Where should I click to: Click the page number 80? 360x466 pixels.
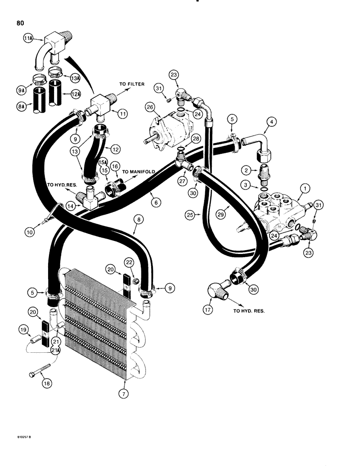(19, 21)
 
